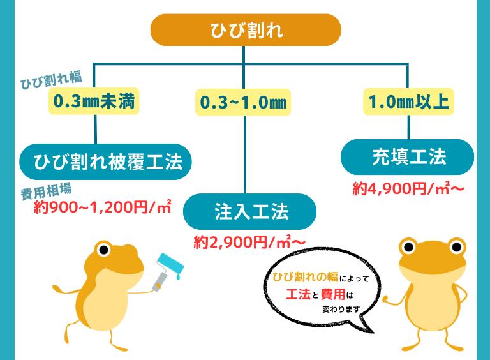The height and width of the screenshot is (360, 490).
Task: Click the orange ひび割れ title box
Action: [246, 30]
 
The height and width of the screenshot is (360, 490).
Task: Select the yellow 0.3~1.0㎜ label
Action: [243, 103]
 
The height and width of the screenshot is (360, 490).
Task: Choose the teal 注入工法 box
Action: [250, 211]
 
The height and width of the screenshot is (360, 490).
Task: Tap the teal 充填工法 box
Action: [407, 157]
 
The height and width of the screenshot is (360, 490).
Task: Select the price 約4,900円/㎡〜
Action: [408, 188]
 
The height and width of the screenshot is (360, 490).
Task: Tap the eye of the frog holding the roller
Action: [103, 248]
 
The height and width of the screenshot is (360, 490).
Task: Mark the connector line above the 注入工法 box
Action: [245, 153]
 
